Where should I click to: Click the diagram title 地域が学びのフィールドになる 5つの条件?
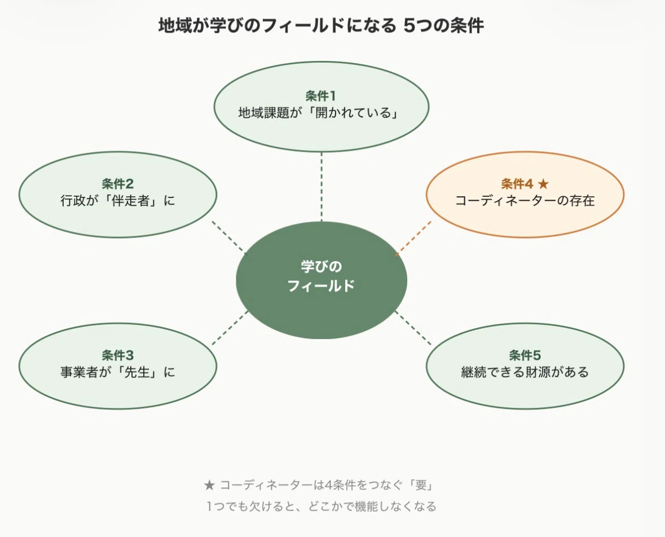click(321, 26)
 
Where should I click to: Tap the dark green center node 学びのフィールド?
click(322, 280)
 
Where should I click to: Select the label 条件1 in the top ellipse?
click(320, 96)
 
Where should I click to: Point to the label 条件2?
click(117, 184)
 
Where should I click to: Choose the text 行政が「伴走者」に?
click(117, 200)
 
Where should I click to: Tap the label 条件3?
click(117, 355)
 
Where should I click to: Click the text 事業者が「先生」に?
click(117, 372)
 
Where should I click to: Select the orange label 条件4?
click(517, 184)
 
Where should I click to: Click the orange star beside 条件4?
click(543, 184)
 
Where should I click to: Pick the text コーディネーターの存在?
click(525, 200)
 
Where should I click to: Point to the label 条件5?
click(525, 355)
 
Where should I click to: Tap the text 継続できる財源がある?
click(525, 372)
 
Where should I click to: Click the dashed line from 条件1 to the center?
click(322, 187)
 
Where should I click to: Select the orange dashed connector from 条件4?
click(413, 238)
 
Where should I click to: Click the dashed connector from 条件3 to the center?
click(230, 328)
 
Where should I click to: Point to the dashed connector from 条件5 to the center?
click(413, 328)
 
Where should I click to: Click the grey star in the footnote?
click(209, 485)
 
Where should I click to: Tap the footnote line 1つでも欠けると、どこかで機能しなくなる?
click(321, 507)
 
